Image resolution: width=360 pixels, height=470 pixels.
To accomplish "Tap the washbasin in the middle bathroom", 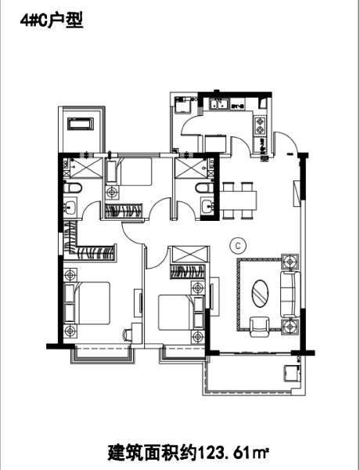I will tap(207, 206).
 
